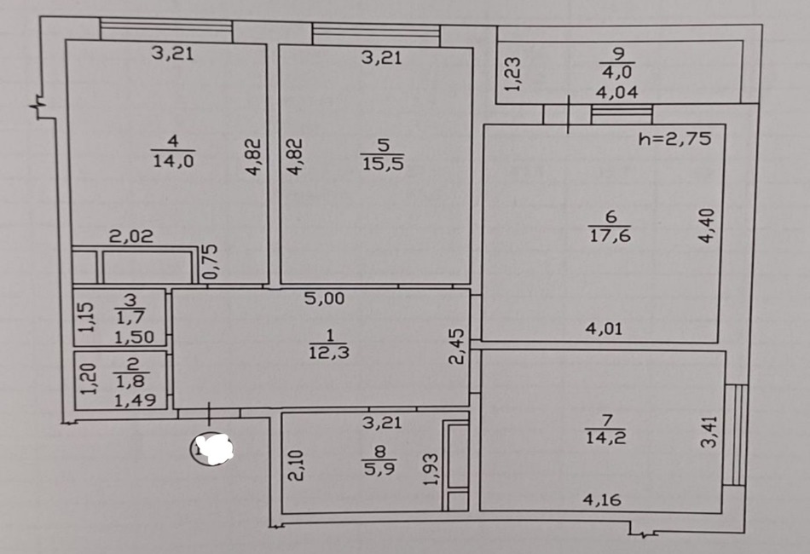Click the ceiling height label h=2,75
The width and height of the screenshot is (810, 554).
click(674, 138)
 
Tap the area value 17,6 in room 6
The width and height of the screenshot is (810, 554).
click(610, 235)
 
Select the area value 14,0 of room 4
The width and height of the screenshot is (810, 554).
click(173, 160)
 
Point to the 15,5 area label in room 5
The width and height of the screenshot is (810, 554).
click(383, 164)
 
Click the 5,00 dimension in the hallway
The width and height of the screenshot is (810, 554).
click(324, 298)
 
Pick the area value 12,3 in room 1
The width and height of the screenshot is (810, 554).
click(329, 352)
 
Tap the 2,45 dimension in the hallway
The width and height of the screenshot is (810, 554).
click(457, 346)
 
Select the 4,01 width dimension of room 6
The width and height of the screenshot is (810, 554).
click(604, 328)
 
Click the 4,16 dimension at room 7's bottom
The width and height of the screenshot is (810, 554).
click(602, 499)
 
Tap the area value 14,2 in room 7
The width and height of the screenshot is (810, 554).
click(605, 437)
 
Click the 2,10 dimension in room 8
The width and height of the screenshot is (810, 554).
click(296, 465)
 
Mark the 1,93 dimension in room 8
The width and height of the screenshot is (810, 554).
click(431, 470)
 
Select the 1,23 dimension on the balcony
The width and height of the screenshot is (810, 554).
click(512, 74)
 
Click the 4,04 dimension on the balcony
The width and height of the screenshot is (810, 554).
click(616, 92)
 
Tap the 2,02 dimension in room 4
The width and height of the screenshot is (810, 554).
click(131, 236)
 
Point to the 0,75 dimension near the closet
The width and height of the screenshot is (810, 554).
click(211, 262)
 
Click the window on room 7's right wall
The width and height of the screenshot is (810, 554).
click(735, 435)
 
